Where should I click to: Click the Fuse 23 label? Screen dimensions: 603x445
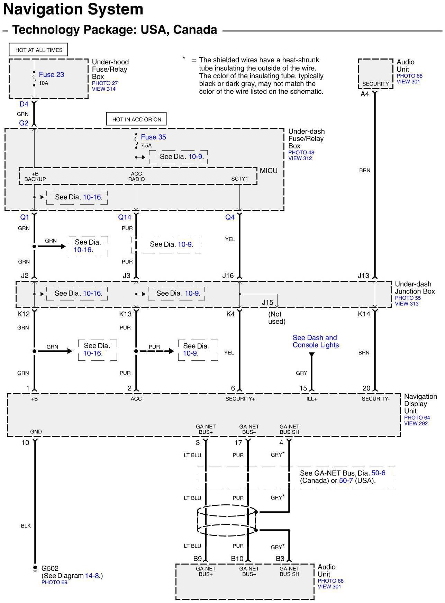51,74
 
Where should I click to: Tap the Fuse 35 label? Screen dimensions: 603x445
153,137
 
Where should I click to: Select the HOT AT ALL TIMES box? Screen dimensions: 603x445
39,50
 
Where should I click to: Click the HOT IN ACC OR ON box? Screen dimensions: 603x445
136,119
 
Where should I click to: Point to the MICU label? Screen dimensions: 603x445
269,171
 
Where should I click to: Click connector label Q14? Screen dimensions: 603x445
125,217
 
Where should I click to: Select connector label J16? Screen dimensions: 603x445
228,276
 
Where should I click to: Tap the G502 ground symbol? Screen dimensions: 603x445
35,569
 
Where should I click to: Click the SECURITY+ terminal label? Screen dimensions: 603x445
240,399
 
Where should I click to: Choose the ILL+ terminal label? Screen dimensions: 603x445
311,399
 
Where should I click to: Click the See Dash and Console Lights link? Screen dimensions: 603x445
316,341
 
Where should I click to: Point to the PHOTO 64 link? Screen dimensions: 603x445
417,417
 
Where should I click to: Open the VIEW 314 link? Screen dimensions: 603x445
103,89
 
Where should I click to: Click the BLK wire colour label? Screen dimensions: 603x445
26,526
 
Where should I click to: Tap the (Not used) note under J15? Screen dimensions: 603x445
276,318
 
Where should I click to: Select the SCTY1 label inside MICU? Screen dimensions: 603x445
239,179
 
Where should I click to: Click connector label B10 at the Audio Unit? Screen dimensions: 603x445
237,558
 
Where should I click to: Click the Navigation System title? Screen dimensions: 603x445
73,9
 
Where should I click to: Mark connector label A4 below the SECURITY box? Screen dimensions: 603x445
365,94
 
